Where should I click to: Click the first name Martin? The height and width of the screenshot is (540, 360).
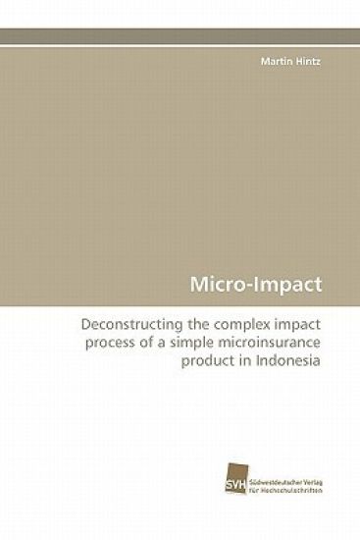coord(275,61)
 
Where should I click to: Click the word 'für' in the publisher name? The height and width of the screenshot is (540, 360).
coord(256,512)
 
